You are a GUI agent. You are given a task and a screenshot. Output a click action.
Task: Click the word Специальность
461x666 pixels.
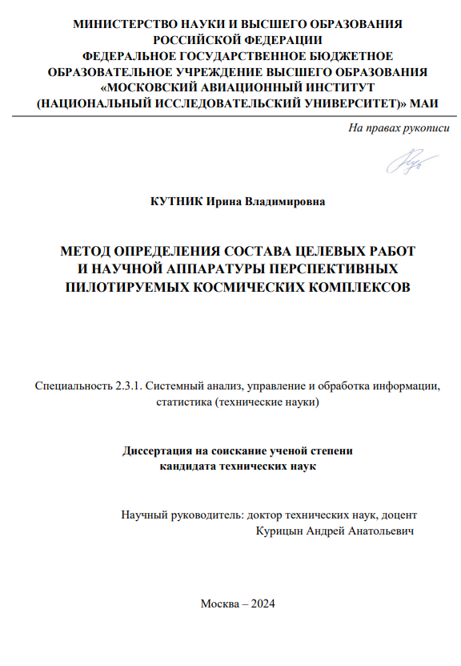pos(70,385)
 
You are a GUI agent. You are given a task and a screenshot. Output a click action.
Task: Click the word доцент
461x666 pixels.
pos(399,515)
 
